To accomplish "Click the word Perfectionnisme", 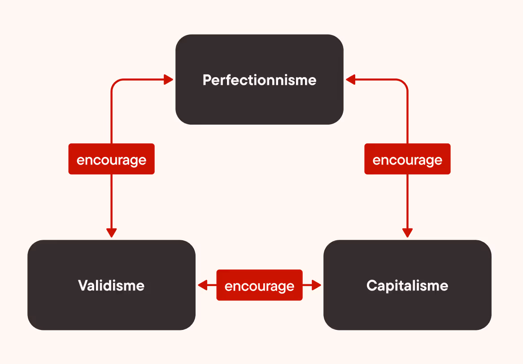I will pyautogui.click(x=259, y=80).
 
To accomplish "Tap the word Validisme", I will pyautogui.click(x=111, y=286).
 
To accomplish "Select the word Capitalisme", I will pyautogui.click(x=407, y=286).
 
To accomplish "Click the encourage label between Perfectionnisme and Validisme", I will pyautogui.click(x=111, y=159).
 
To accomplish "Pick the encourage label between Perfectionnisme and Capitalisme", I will pyautogui.click(x=407, y=159).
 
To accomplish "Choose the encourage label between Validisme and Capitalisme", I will pyautogui.click(x=259, y=285).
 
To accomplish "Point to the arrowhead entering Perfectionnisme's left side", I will pyautogui.click(x=169, y=80).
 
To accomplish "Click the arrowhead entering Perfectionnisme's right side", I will pyautogui.click(x=350, y=80).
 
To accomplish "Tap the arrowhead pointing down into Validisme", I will pyautogui.click(x=111, y=233).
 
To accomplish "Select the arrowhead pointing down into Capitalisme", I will pyautogui.click(x=407, y=233).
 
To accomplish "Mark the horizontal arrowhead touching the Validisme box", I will pyautogui.click(x=202, y=285).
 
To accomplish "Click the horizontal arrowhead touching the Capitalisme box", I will pyautogui.click(x=317, y=285).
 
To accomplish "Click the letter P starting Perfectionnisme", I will pyautogui.click(x=207, y=80).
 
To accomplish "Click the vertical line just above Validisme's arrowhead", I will pyautogui.click(x=111, y=206).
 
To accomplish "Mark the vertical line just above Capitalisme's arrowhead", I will pyautogui.click(x=407, y=206).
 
